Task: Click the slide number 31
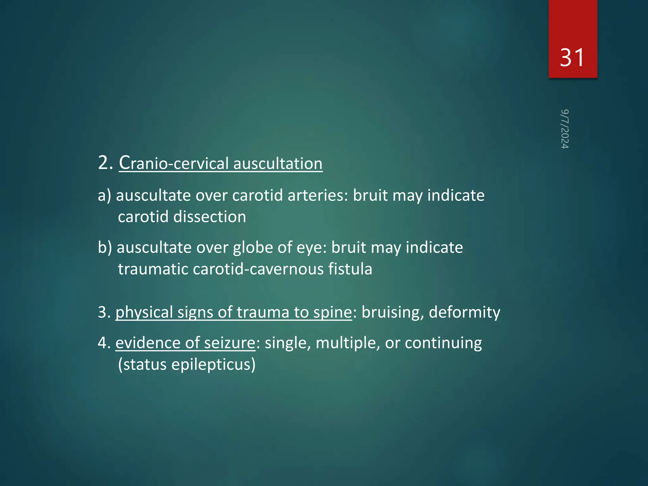click(572, 58)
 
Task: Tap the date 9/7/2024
click(565, 129)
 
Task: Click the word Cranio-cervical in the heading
click(173, 163)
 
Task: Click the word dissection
click(209, 217)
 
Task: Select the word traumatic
click(153, 269)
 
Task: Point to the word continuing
click(443, 343)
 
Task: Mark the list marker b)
click(105, 247)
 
